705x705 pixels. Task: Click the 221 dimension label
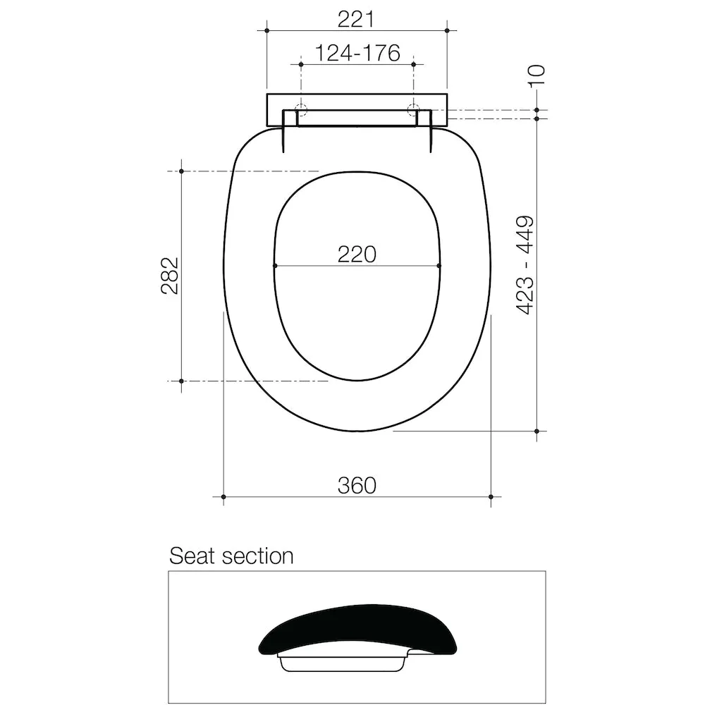tap(355, 19)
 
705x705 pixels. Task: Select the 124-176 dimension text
tap(357, 53)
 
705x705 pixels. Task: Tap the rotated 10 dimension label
tap(537, 76)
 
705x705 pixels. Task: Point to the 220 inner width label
tap(357, 255)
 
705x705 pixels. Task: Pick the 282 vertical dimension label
tap(171, 276)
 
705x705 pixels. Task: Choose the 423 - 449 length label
tap(525, 265)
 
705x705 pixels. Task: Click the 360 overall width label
tap(357, 486)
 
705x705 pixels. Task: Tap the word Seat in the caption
tap(192, 556)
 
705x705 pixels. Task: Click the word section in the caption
tap(257, 556)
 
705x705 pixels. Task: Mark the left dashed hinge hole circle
tap(301, 109)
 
